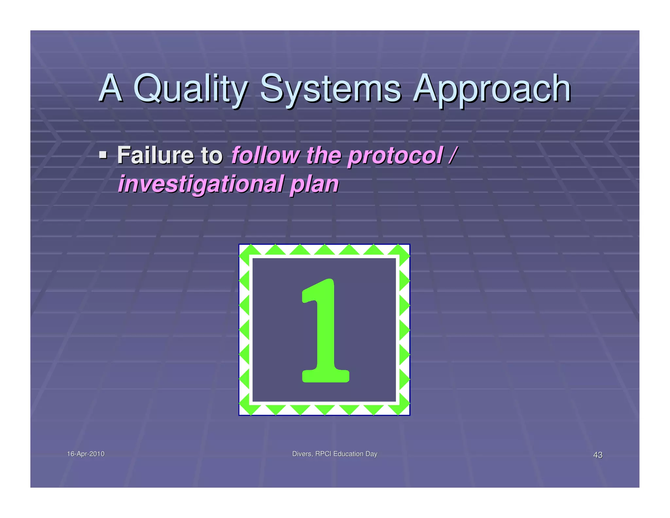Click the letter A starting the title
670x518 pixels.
[x=111, y=88]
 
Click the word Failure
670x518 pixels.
[x=155, y=155]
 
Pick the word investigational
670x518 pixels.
[x=201, y=184]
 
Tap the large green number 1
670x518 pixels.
[x=325, y=331]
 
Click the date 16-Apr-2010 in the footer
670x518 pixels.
[x=86, y=454]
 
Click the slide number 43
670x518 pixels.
[x=598, y=455]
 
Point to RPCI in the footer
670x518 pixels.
[x=324, y=454]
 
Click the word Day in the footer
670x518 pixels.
[x=371, y=454]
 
